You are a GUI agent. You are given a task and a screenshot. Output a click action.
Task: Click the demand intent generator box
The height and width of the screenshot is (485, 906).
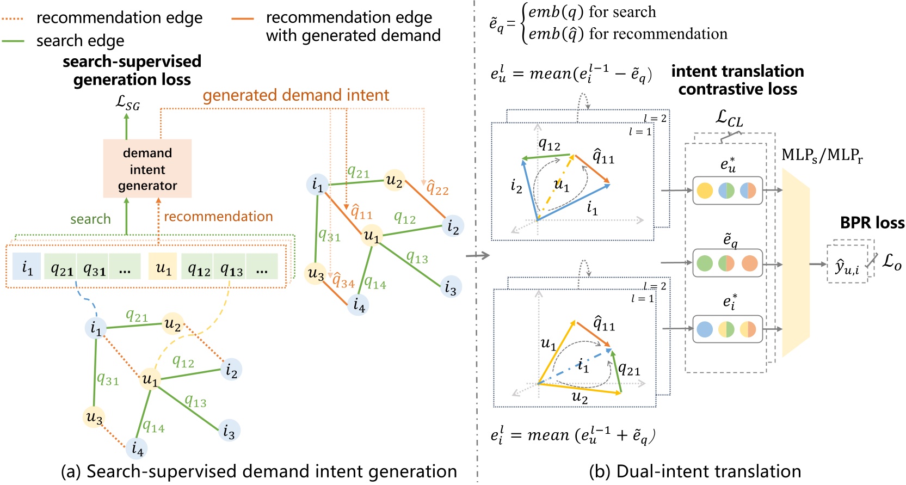(147, 168)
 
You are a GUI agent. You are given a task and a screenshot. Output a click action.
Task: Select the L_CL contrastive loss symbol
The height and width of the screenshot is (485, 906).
(729, 118)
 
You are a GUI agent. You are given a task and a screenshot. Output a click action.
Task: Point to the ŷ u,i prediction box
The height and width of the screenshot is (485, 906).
(847, 265)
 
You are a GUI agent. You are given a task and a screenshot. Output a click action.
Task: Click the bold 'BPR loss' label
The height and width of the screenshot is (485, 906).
(872, 223)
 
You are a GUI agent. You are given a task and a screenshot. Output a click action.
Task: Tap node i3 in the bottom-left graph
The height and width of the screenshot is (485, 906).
(229, 431)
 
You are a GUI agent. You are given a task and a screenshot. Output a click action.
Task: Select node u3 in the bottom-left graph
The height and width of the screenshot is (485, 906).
(94, 417)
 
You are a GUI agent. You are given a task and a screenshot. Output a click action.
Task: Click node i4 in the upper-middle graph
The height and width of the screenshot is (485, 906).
(358, 304)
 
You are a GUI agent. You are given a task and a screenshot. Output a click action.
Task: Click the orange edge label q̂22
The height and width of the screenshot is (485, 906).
(437, 189)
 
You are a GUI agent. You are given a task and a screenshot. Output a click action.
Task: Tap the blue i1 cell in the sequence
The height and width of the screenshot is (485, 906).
(27, 267)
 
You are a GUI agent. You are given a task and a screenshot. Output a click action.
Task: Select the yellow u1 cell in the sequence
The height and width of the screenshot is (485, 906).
(163, 267)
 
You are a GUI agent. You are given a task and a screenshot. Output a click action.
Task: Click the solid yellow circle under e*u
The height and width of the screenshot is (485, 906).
(705, 191)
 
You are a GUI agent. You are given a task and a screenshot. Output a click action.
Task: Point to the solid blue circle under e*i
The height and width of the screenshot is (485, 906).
(705, 329)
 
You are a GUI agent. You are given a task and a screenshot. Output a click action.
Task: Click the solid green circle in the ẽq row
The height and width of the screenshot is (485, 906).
(705, 263)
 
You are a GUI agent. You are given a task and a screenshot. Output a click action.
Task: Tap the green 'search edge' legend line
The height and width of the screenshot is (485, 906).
(13, 41)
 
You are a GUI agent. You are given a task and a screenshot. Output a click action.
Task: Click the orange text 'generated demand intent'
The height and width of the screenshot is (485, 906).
(295, 95)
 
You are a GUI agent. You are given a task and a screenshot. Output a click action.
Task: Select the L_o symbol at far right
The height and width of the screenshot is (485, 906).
(891, 261)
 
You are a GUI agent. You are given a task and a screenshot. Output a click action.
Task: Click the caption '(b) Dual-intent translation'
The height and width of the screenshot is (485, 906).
(695, 471)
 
